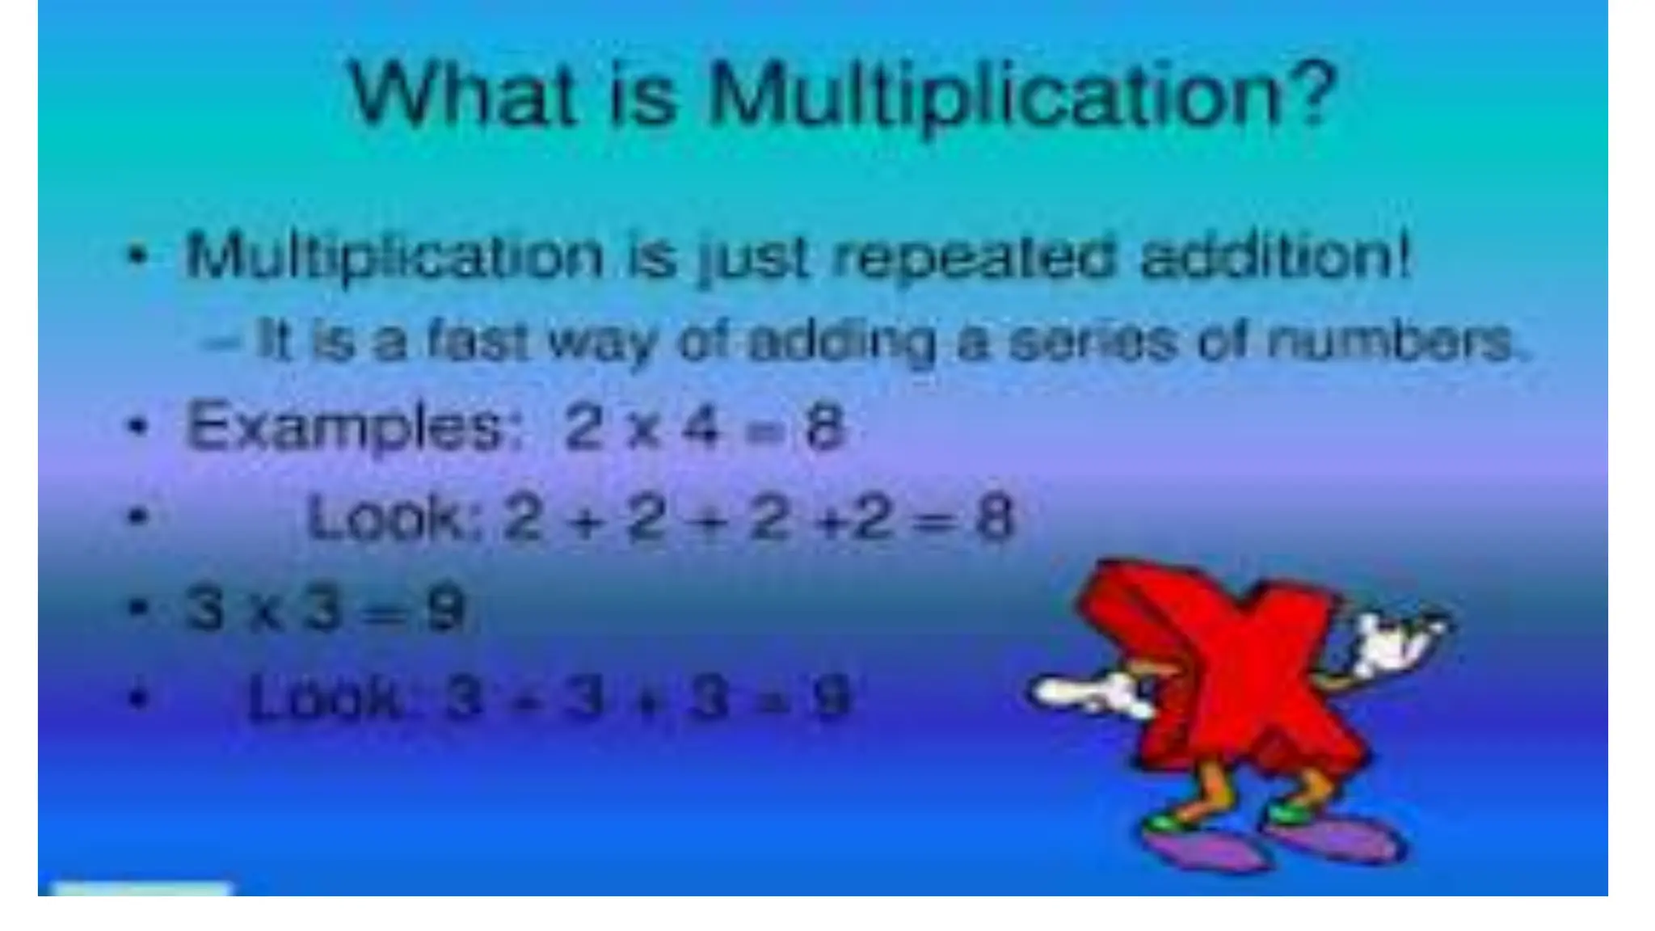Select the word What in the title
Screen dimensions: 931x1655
461,95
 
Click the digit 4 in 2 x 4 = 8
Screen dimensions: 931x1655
701,427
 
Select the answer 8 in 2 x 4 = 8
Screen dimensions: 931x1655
824,427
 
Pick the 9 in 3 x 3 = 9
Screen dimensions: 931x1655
447,609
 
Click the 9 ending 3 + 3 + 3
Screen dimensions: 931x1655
832,697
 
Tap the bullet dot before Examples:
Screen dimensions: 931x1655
139,426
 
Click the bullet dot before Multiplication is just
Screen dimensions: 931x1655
139,256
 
